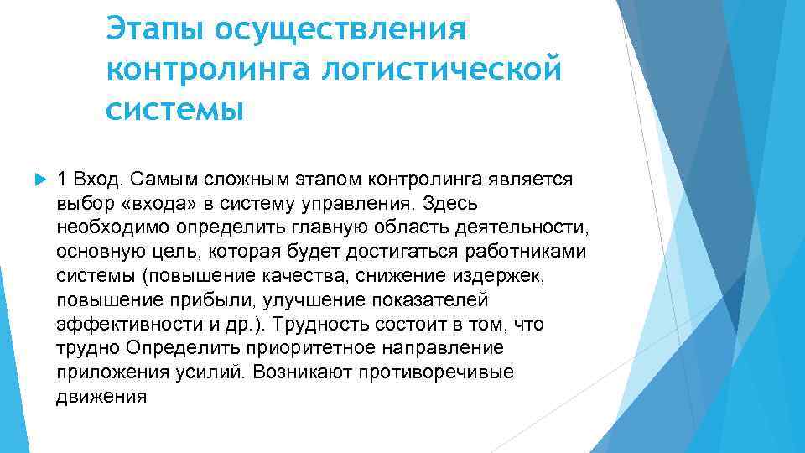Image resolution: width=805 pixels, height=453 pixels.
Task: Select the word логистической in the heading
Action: click(x=441, y=69)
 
